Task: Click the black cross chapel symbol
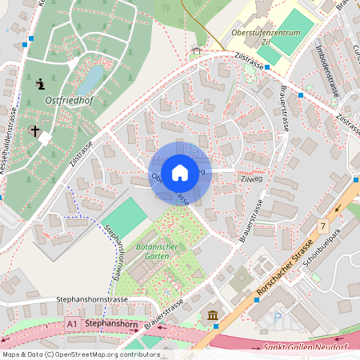tap(35, 130)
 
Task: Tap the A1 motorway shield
tap(72, 324)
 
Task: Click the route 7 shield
tap(322, 227)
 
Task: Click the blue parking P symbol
tap(278, 318)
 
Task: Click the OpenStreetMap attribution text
tap(80, 354)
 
